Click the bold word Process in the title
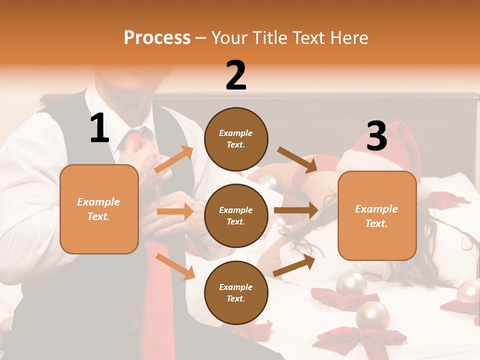pyautogui.click(x=157, y=38)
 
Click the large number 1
pyautogui.click(x=99, y=128)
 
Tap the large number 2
pyautogui.click(x=236, y=75)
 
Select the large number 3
pyautogui.click(x=376, y=136)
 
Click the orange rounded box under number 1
pyautogui.click(x=99, y=209)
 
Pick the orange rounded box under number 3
pyautogui.click(x=377, y=215)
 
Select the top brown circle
pyautogui.click(x=236, y=139)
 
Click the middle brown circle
pyautogui.click(x=236, y=215)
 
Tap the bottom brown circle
pyautogui.click(x=236, y=292)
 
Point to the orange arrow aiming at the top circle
pyautogui.click(x=174, y=159)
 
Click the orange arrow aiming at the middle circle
pyautogui.click(x=175, y=211)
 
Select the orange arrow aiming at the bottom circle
pyautogui.click(x=175, y=266)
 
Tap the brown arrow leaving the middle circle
pyautogui.click(x=296, y=210)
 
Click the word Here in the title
pyautogui.click(x=347, y=38)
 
